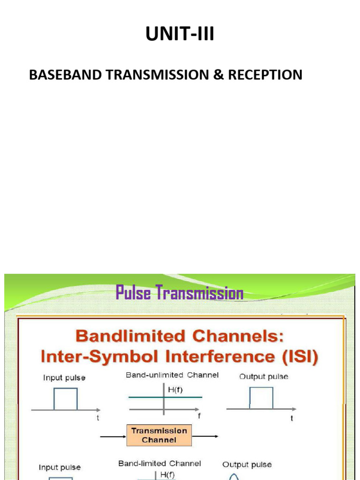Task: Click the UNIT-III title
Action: coord(180,34)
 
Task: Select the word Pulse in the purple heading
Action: coord(133,293)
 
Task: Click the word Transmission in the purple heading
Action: coord(200,293)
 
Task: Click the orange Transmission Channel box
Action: coord(159,435)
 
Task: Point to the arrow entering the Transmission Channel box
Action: coord(113,436)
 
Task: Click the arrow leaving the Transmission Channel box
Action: coord(205,436)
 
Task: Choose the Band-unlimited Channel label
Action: coord(172,375)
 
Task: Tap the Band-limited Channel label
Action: coord(159,463)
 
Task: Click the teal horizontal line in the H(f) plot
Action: coord(141,397)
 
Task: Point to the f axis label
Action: coord(199,416)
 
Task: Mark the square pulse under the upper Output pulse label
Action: coord(261,398)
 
